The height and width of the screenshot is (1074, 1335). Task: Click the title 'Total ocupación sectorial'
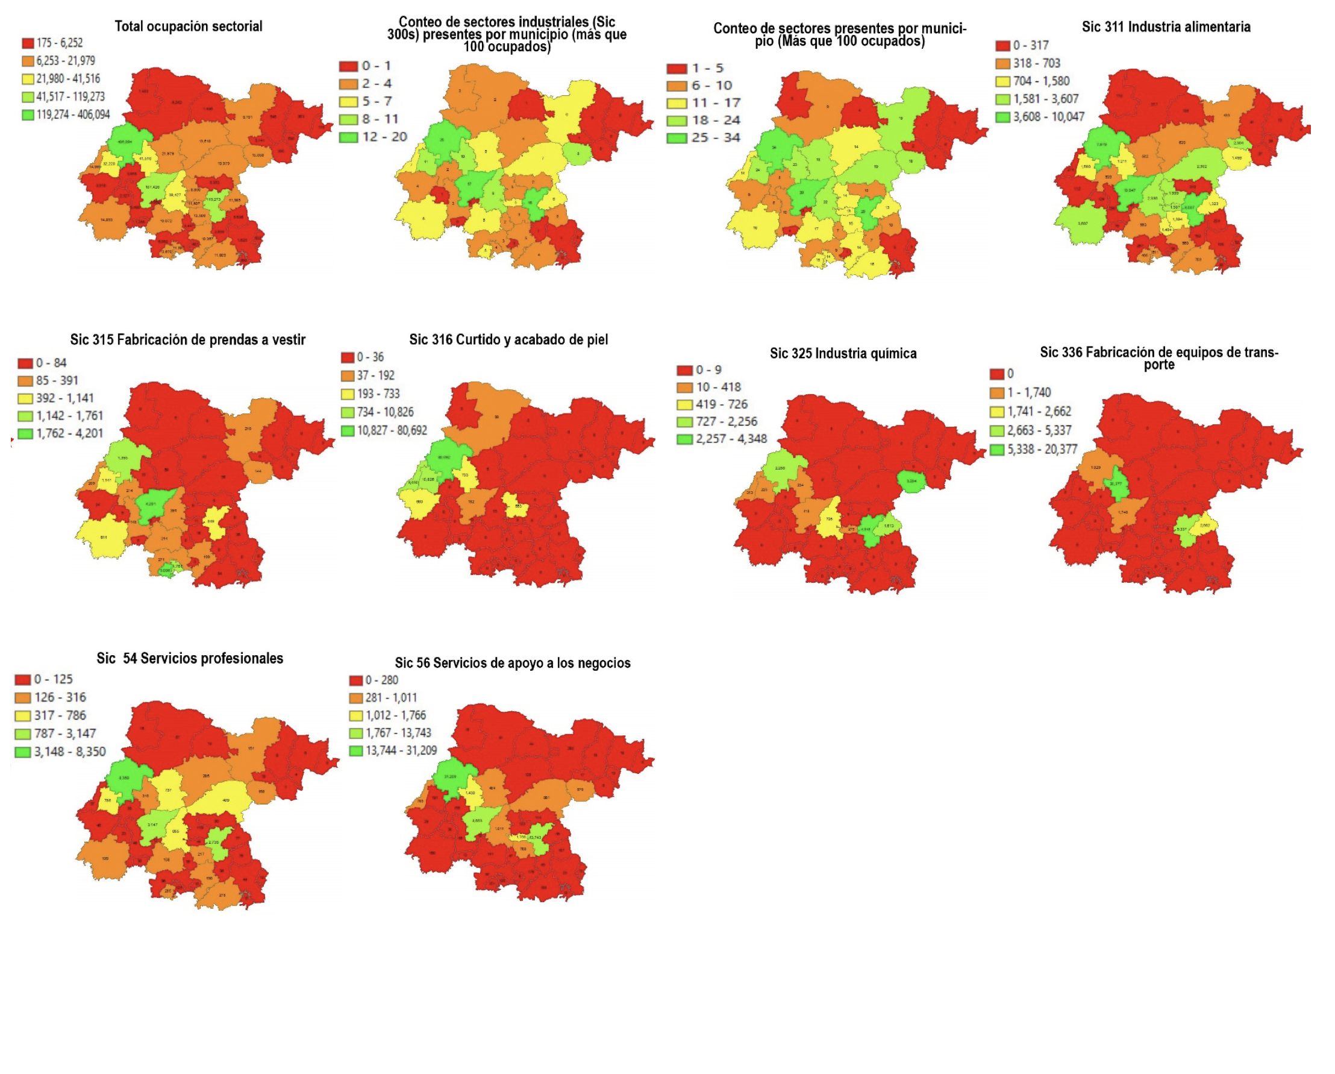[188, 27]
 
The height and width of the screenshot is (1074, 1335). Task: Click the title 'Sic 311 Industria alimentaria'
[1165, 27]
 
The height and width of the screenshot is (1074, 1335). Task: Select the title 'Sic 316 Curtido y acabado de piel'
[508, 339]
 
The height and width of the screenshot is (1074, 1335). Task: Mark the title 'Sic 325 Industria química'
[843, 354]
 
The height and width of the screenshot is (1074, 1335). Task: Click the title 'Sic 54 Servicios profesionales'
[190, 658]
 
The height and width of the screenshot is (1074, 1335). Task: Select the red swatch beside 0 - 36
[348, 357]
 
